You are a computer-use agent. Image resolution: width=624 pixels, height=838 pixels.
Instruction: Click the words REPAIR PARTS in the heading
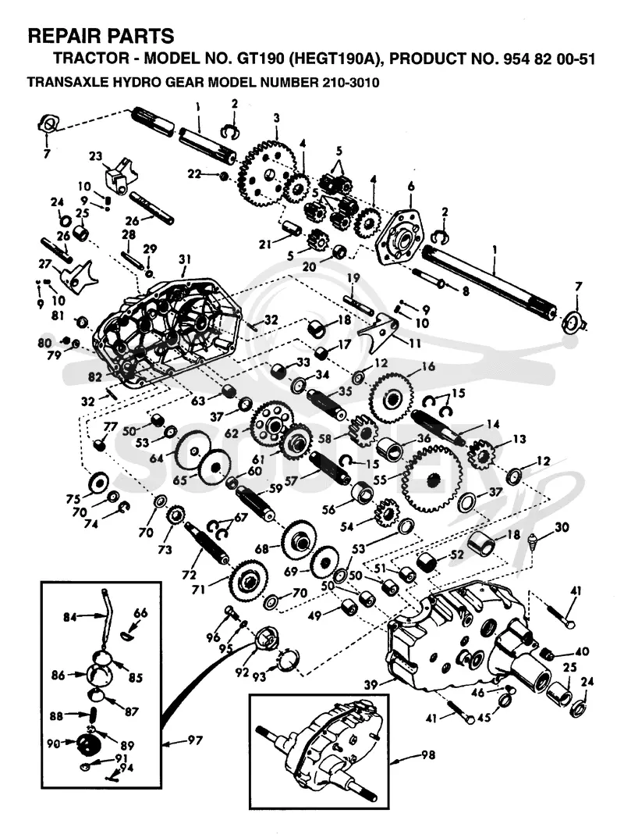[101, 37]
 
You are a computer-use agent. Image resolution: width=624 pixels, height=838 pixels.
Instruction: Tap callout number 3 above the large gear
[276, 118]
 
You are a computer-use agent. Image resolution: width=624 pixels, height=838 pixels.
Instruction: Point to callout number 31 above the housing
[185, 260]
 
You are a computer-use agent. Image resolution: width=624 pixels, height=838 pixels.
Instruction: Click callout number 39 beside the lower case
[371, 685]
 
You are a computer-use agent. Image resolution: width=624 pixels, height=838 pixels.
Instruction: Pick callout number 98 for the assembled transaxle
[428, 754]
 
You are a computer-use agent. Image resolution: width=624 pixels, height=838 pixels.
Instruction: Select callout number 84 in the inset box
[70, 618]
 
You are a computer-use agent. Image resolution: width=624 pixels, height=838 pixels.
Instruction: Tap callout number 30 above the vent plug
[562, 527]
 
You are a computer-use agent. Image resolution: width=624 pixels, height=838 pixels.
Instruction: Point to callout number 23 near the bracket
[95, 157]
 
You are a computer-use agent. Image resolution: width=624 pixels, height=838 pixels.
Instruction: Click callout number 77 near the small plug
[111, 426]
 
